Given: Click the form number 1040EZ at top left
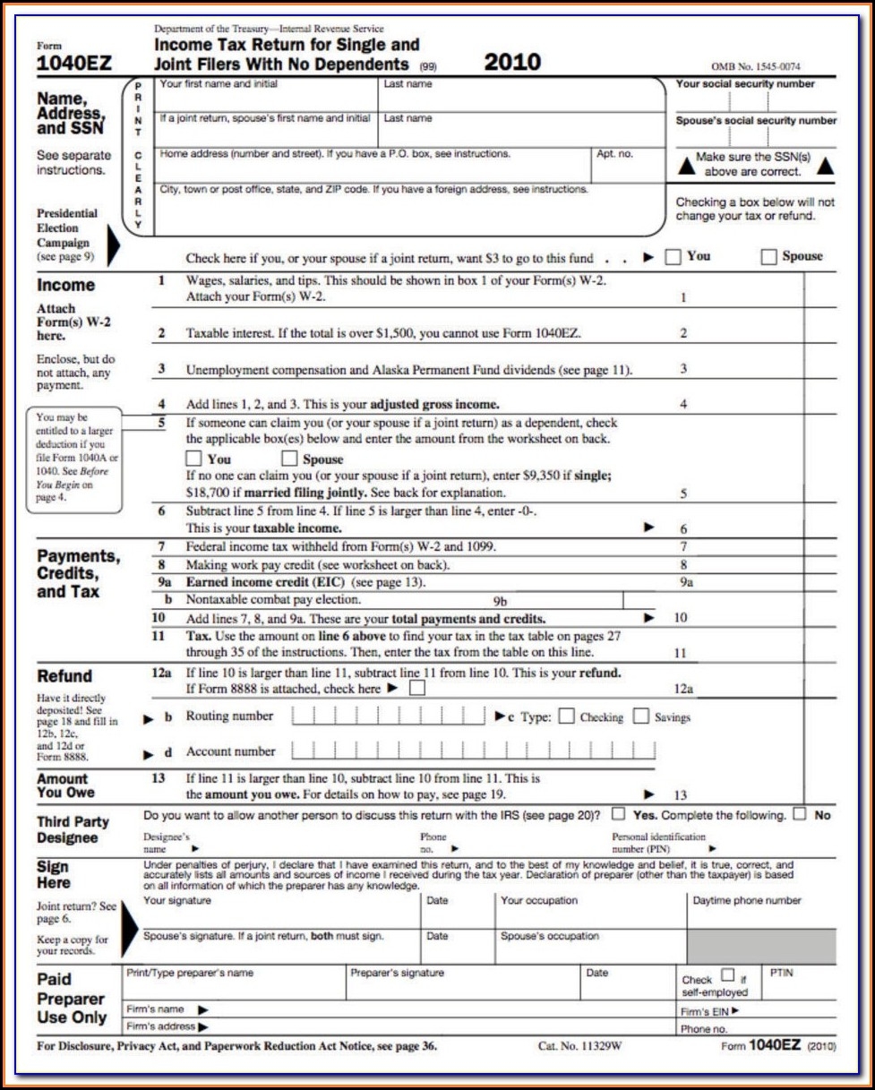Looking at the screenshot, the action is click(73, 64).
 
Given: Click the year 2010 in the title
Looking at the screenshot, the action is click(512, 62).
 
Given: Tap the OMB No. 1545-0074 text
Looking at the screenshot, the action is click(755, 67).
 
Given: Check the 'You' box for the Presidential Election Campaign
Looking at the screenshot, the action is click(673, 257).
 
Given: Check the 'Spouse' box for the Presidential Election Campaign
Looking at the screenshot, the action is click(768, 257).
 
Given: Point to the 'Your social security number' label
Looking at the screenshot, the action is click(744, 84).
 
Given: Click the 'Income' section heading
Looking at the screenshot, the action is click(65, 285).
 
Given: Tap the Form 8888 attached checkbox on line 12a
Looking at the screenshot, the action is click(416, 689).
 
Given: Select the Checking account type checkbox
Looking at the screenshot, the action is click(566, 717).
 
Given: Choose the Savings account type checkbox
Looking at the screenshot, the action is click(640, 717).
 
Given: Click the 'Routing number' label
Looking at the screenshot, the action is click(229, 717).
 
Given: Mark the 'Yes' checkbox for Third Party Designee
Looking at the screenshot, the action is click(618, 815).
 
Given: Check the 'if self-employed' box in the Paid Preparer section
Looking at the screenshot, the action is click(727, 975).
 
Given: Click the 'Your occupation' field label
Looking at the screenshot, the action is click(539, 901).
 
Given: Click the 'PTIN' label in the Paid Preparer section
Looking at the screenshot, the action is click(780, 971).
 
